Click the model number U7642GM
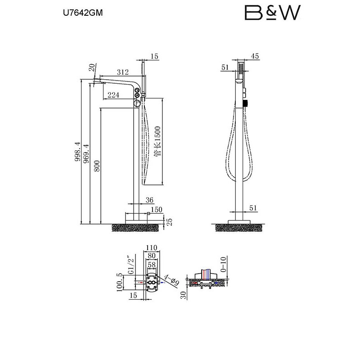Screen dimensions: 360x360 click(x=83, y=13)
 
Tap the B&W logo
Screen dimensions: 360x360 click(x=273, y=13)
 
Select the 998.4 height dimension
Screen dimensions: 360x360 click(x=78, y=152)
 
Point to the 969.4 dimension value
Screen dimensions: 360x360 click(x=86, y=153)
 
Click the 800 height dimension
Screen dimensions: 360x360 click(x=97, y=166)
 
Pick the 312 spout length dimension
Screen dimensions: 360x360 click(x=123, y=72)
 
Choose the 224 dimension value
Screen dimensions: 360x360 click(x=113, y=95)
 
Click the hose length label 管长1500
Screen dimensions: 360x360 click(x=157, y=141)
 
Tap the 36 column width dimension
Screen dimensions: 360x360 click(x=149, y=200)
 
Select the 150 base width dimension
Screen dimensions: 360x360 click(x=157, y=209)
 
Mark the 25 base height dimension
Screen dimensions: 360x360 click(x=169, y=221)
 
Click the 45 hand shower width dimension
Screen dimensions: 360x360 click(x=255, y=56)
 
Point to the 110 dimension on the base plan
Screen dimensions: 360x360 click(x=152, y=247)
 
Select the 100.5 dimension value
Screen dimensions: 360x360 click(x=119, y=282)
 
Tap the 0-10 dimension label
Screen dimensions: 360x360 click(x=223, y=264)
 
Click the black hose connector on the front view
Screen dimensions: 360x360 click(x=246, y=103)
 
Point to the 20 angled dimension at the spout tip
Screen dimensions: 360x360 click(x=92, y=67)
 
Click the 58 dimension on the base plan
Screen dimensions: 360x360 click(x=152, y=265)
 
